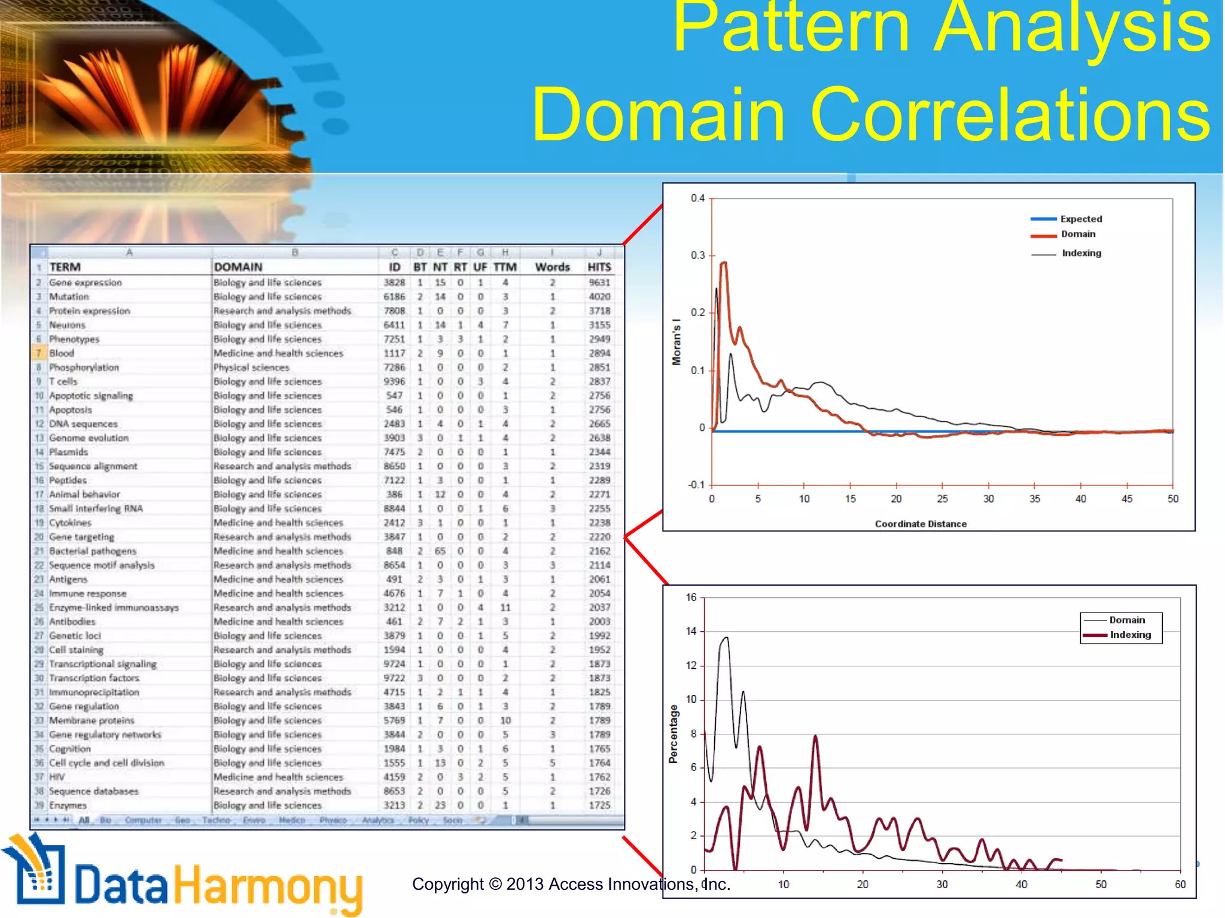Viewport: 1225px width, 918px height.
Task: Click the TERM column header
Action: click(x=65, y=267)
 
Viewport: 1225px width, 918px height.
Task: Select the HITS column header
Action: click(x=599, y=267)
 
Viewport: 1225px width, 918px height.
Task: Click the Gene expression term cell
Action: click(x=85, y=282)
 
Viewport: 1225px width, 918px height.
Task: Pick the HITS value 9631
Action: click(x=599, y=282)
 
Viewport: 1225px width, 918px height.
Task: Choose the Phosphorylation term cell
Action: click(x=84, y=367)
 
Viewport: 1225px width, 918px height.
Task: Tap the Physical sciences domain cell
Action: click(x=251, y=367)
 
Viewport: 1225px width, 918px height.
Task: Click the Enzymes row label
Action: click(x=68, y=805)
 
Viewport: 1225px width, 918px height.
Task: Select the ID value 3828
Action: click(x=394, y=282)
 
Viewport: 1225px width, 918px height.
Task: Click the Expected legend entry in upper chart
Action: click(x=1081, y=219)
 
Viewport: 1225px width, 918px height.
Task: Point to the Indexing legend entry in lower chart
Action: click(x=1130, y=635)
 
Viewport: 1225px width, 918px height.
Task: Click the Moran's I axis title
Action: click(x=677, y=342)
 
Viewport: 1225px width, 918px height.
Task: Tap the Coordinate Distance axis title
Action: click(x=921, y=524)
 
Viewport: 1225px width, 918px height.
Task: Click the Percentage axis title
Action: click(x=674, y=733)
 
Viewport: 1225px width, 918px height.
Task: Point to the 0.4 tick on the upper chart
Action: click(x=697, y=198)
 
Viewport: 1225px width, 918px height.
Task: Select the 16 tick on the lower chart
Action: click(x=691, y=597)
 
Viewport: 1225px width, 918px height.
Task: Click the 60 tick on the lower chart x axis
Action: click(x=1180, y=885)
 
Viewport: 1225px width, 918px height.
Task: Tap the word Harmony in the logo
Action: click(x=268, y=888)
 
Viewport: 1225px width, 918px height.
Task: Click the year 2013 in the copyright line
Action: click(x=525, y=884)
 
